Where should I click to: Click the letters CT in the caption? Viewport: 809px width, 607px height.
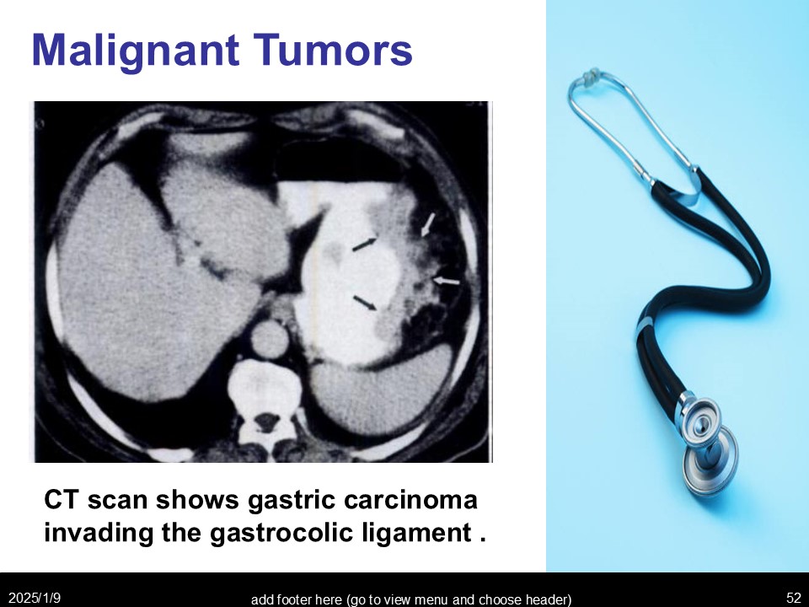62,500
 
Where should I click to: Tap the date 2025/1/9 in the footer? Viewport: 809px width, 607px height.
35,598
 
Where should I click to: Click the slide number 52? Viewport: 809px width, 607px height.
794,598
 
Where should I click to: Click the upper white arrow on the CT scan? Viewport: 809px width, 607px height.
428,224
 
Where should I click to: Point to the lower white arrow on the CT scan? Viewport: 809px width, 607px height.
447,281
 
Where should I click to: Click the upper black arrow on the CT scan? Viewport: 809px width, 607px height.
365,244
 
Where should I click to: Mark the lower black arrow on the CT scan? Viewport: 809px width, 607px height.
365,303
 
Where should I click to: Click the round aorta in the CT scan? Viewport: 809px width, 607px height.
270,339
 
